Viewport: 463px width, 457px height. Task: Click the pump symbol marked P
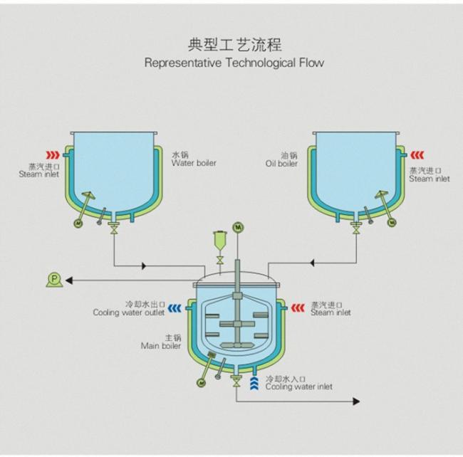[54, 280]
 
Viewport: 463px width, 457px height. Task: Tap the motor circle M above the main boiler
[238, 227]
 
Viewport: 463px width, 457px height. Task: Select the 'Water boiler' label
[194, 163]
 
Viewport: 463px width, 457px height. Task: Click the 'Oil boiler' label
[281, 164]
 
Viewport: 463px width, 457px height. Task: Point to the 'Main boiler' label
[161, 345]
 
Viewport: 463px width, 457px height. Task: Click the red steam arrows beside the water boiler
[53, 155]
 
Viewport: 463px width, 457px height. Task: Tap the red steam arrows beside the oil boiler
[417, 155]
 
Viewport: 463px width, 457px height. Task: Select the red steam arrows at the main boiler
[298, 308]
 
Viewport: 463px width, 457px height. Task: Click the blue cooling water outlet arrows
[175, 308]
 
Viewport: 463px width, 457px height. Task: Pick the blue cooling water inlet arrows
[254, 383]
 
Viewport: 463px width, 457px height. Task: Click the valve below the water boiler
[113, 228]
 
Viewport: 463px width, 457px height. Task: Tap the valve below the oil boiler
[356, 228]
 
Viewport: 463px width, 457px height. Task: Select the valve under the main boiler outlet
[236, 382]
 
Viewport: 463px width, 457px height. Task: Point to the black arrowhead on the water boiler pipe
[144, 266]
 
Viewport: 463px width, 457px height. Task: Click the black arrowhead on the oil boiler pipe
[312, 263]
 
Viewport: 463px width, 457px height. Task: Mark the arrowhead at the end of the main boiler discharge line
[356, 401]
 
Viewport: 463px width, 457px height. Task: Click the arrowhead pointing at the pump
[69, 280]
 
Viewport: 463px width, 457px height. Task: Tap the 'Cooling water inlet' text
[299, 387]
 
